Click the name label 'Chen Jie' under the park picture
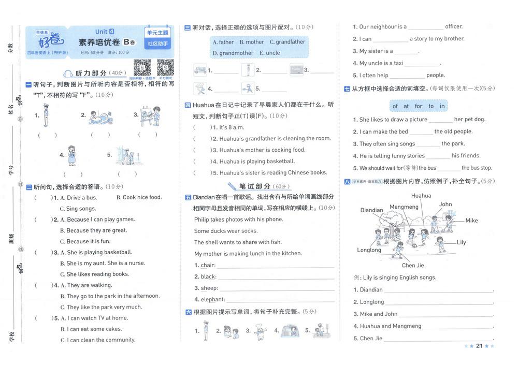click(x=413, y=266)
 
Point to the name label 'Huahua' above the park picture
click(x=421, y=196)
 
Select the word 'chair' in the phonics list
click(x=208, y=265)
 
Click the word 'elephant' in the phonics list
click(x=213, y=299)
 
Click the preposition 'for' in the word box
click(x=419, y=106)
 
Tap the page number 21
click(x=479, y=346)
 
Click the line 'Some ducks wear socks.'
click(x=226, y=231)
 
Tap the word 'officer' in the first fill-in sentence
click(x=454, y=27)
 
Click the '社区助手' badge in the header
click(x=158, y=43)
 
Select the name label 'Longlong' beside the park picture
click(x=369, y=250)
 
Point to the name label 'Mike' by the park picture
click(x=471, y=221)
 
